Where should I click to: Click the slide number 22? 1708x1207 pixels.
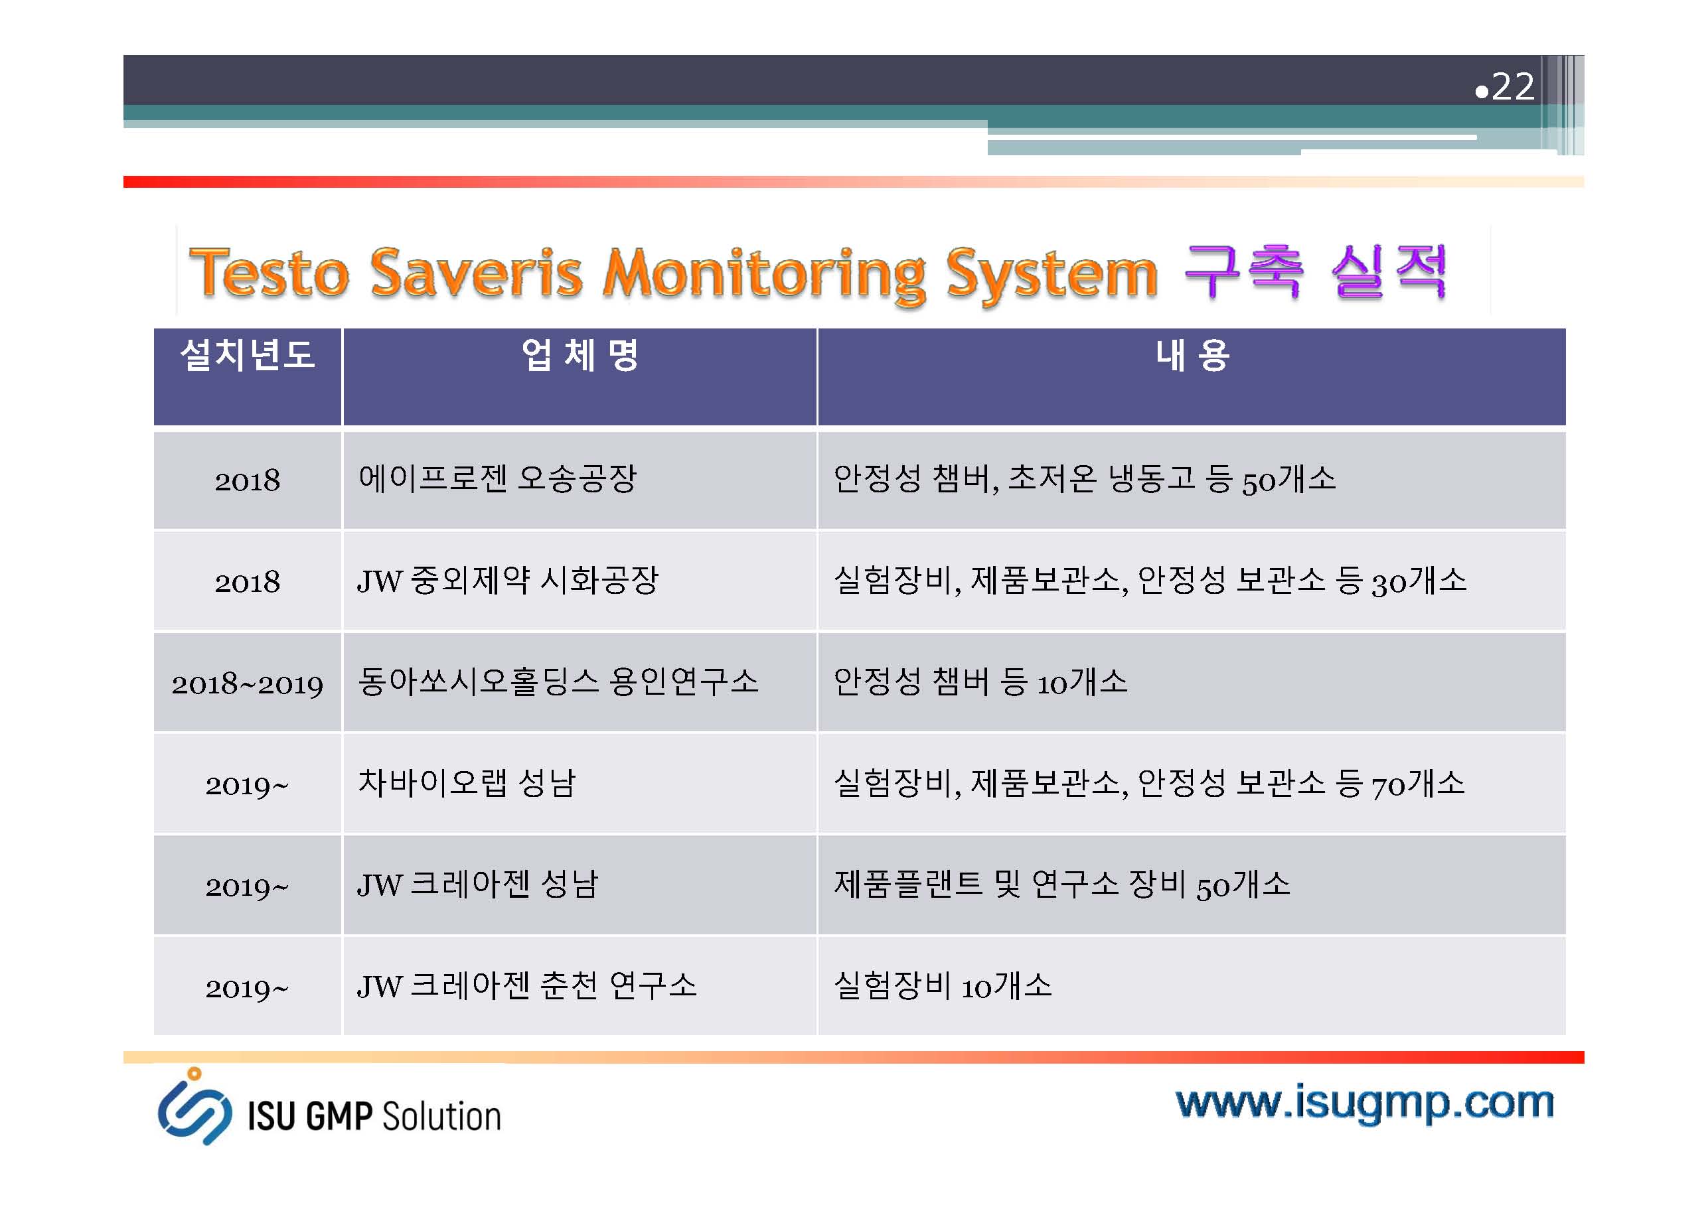pos(1512,87)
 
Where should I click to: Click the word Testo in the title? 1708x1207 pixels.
pos(269,273)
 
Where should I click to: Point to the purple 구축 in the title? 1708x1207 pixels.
pos(1243,271)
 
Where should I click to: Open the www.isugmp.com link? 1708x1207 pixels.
pos(1365,1104)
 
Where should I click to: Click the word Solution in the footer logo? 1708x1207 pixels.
pos(441,1117)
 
